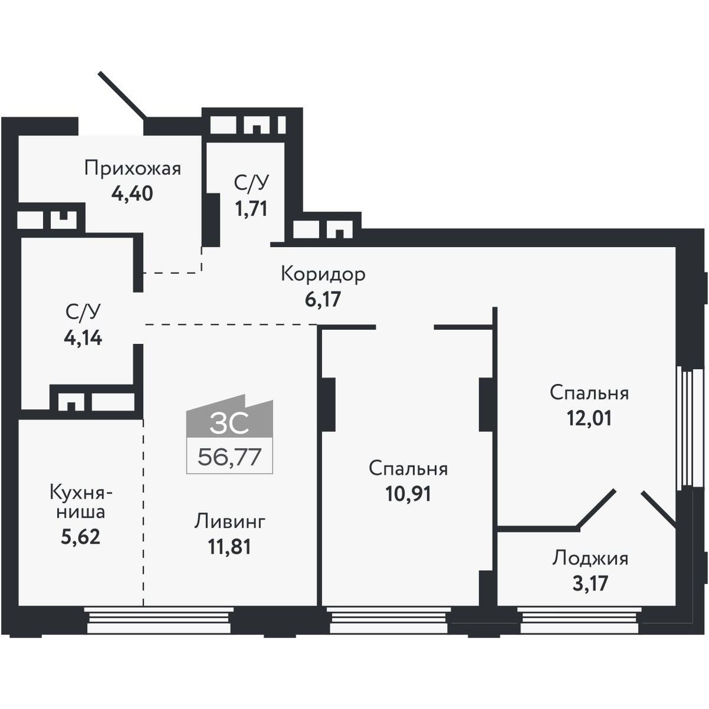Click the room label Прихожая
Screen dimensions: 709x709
click(133, 169)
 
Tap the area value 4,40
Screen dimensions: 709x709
click(132, 194)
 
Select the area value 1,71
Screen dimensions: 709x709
click(251, 209)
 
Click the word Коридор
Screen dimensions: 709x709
click(323, 274)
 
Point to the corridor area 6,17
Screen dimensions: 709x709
click(323, 300)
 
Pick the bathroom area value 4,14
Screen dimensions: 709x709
click(83, 337)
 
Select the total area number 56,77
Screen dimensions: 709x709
click(230, 457)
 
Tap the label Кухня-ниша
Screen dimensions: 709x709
click(82, 502)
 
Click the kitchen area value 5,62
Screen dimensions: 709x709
click(80, 537)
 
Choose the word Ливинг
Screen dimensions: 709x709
click(230, 522)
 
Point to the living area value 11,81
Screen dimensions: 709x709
click(230, 547)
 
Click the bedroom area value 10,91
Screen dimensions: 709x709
click(408, 494)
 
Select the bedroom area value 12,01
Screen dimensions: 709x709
click(590, 418)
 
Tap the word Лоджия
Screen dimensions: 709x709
click(590, 569)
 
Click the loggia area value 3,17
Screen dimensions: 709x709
click(590, 593)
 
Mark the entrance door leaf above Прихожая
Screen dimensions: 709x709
click(123, 95)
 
